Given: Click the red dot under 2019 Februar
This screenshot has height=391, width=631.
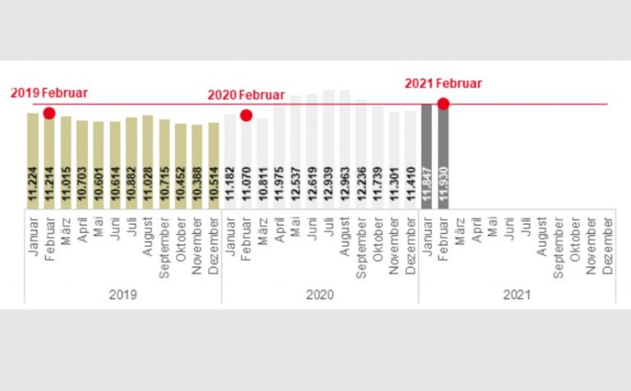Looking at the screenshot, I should click(49, 113).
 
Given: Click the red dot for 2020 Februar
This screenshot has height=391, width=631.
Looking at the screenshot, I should click(246, 114).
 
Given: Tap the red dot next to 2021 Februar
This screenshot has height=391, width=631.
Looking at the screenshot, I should click(443, 104).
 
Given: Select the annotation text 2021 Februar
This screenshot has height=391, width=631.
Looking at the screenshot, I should click(443, 83).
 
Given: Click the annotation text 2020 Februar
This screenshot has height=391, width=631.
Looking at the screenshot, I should click(246, 95).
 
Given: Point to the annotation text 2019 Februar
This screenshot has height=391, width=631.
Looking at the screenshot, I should click(48, 93).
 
